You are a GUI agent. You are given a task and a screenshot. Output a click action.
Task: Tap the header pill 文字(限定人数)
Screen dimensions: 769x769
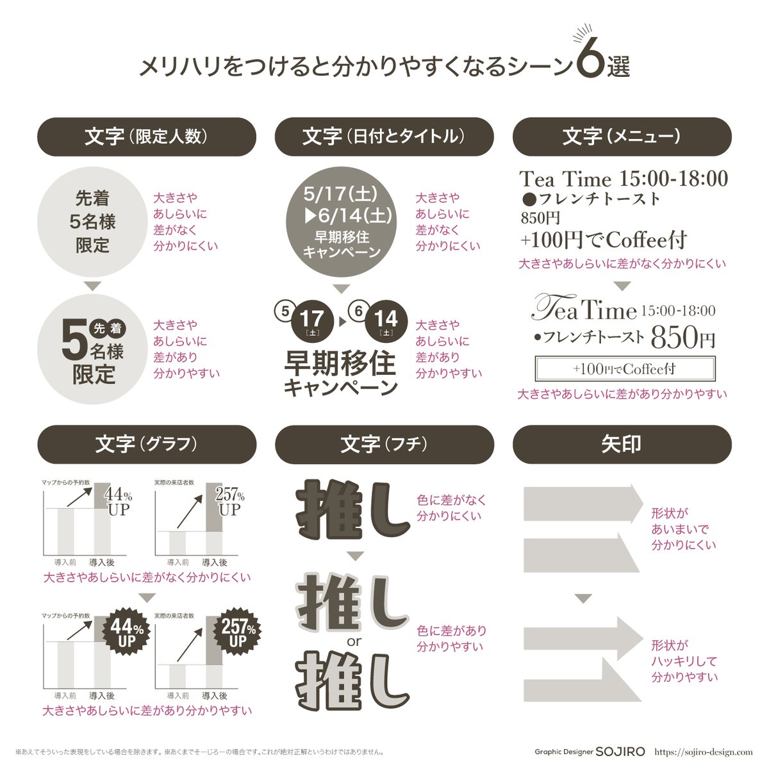click(x=147, y=136)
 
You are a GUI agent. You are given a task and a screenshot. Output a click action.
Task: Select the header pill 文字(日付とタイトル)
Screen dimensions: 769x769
click(x=384, y=136)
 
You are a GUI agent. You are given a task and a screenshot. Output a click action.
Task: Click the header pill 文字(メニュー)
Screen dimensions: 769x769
click(x=622, y=136)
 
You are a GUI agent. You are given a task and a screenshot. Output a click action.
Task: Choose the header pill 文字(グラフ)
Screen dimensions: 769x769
click(x=147, y=444)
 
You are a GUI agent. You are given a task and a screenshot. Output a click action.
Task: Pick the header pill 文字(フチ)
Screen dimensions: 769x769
click(x=384, y=444)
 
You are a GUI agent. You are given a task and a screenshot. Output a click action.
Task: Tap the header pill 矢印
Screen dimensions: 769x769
click(x=622, y=444)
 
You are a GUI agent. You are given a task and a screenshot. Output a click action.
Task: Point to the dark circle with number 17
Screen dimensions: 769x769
click(x=312, y=320)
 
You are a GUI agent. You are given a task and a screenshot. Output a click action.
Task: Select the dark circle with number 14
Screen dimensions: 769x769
click(x=386, y=320)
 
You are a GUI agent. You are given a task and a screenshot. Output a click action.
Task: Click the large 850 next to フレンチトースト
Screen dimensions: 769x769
click(x=674, y=336)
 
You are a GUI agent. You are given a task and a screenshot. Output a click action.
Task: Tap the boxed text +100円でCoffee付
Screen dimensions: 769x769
click(x=624, y=369)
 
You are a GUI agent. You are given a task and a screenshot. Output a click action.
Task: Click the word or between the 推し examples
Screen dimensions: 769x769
click(x=354, y=641)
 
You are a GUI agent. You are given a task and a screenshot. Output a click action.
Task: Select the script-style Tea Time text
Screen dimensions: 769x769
click(x=584, y=310)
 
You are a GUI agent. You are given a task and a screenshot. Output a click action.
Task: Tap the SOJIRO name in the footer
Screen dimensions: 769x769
click(x=620, y=752)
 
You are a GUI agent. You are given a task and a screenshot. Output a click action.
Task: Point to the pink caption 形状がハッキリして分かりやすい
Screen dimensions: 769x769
click(x=684, y=661)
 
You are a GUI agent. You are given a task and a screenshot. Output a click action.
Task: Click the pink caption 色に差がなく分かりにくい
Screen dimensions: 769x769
click(x=451, y=508)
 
